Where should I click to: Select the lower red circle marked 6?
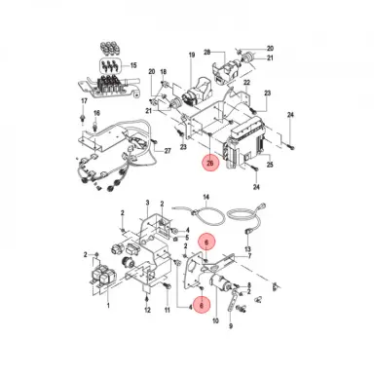(x=202, y=305)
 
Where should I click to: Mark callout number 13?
(x=247, y=249)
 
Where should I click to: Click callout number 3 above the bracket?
(x=145, y=203)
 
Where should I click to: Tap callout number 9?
(x=251, y=299)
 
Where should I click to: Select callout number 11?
(x=167, y=310)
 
